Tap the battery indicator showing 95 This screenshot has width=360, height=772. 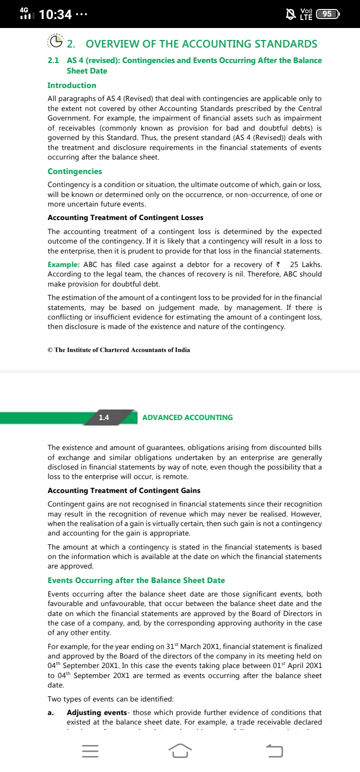pyautogui.click(x=328, y=14)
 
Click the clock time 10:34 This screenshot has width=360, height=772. pyautogui.click(x=55, y=14)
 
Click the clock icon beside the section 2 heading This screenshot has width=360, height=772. pyautogui.click(x=56, y=42)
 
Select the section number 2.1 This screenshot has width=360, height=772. pyautogui.click(x=53, y=60)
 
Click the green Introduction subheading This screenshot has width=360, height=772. pyautogui.click(x=71, y=85)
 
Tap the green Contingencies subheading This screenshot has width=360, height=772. pyautogui.click(x=74, y=171)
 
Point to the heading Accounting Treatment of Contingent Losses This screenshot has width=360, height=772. pyautogui.click(x=125, y=217)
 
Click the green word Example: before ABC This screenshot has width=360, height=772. pyautogui.click(x=63, y=264)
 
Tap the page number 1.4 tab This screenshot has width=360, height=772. pyautogui.click(x=104, y=417)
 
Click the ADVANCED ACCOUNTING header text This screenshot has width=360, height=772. pyautogui.click(x=187, y=417)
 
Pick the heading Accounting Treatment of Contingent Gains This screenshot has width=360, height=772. pyautogui.click(x=123, y=490)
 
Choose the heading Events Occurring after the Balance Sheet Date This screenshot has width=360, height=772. pyautogui.click(x=136, y=580)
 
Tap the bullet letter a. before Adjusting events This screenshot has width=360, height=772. pyautogui.click(x=50, y=712)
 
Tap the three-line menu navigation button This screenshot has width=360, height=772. pyautogui.click(x=90, y=750)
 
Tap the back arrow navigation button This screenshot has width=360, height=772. pyautogui.click(x=274, y=750)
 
